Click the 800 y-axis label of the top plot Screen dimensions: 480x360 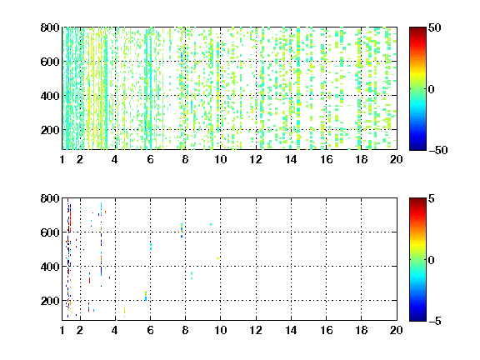tap(50, 27)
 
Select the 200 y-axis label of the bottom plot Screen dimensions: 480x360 tap(50, 301)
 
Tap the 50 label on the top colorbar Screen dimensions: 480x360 tap(435, 27)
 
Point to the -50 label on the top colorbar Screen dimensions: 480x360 tap(438, 150)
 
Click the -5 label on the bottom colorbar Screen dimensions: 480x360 tap(435, 321)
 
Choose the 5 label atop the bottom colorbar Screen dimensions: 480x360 tap(432, 198)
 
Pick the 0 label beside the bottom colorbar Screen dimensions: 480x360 tap(432, 260)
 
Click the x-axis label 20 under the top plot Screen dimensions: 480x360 tap(396, 159)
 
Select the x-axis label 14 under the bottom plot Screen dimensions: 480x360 tap(291, 330)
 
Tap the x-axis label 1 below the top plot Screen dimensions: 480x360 tap(62, 159)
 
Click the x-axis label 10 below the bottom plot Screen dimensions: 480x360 tap(221, 330)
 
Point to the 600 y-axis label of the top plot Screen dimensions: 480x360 tap(50, 62)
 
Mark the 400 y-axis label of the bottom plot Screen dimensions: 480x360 tap(50, 267)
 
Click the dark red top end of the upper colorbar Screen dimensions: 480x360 tap(417, 29)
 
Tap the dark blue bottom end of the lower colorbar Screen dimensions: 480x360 tap(417, 319)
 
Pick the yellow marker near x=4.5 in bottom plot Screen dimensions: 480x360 tap(125, 312)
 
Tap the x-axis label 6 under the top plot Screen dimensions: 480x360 tap(150, 159)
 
